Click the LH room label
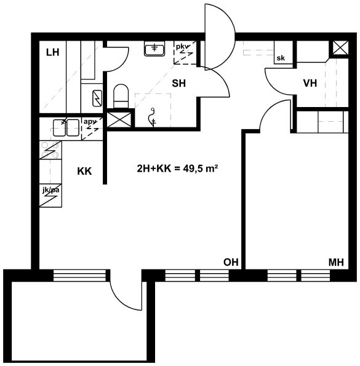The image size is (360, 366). point(52,52)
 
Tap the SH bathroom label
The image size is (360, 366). point(179,83)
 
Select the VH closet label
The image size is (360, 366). point(310,83)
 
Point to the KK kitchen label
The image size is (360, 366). point(84,172)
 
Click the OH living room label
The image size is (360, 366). point(231,262)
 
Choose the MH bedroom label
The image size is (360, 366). point(336,263)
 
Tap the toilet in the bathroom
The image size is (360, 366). point(121,96)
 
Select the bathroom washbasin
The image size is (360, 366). point(154,49)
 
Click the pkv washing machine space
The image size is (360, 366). point(185,52)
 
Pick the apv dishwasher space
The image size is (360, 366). point(92,129)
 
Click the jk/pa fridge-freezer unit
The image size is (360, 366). point(50,195)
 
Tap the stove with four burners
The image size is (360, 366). point(50,150)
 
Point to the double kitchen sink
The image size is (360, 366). point(66,127)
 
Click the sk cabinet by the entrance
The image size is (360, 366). point(283,52)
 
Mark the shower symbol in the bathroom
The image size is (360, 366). point(153,117)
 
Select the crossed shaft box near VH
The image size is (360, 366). point(340,47)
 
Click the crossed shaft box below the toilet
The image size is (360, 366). point(119,119)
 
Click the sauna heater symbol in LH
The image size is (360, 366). point(97,98)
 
